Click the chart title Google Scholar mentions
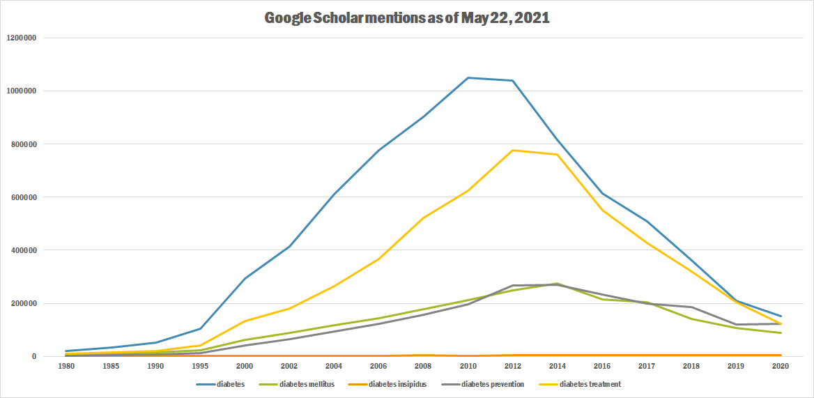pos(407,18)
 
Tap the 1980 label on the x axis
pos(66,366)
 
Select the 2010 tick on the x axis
pos(468,366)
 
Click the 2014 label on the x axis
pos(558,366)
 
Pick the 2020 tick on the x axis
pos(781,366)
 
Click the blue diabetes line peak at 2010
pos(468,77)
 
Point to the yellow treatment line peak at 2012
pos(513,150)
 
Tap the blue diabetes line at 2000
pos(245,279)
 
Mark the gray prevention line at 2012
pos(513,286)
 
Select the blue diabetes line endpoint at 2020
pos(781,316)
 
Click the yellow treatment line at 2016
pos(602,210)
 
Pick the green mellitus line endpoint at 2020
pos(781,333)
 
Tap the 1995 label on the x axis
pos(200,366)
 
